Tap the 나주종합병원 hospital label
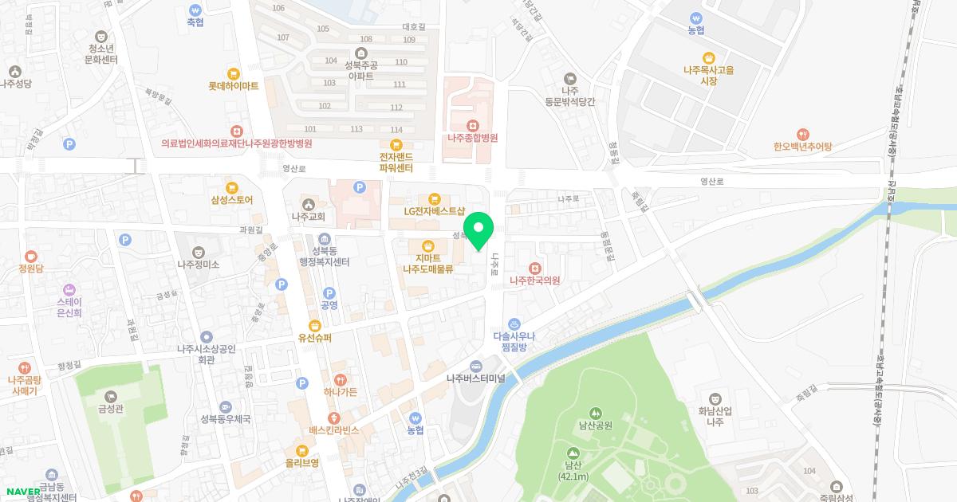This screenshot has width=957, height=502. pyautogui.click(x=472, y=137)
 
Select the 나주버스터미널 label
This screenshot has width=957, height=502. pyautogui.click(x=476, y=378)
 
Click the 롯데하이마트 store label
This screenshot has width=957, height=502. pyautogui.click(x=234, y=86)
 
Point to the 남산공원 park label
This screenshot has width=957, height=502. pyautogui.click(x=595, y=425)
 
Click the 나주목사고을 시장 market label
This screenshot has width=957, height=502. pyautogui.click(x=708, y=75)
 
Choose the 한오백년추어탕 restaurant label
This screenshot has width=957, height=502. pyautogui.click(x=802, y=147)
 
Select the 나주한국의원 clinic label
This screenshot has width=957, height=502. pyautogui.click(x=534, y=280)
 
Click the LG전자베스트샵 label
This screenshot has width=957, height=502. pyautogui.click(x=434, y=211)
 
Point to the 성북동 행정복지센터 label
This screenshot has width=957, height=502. pyautogui.click(x=324, y=256)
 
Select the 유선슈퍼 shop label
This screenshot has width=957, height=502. pyautogui.click(x=315, y=337)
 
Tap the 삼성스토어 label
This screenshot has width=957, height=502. pyautogui.click(x=231, y=200)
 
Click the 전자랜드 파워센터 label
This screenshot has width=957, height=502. pyautogui.click(x=396, y=163)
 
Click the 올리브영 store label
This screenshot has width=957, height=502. pyautogui.click(x=302, y=462)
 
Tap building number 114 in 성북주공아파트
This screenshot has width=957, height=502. pyautogui.click(x=396, y=130)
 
